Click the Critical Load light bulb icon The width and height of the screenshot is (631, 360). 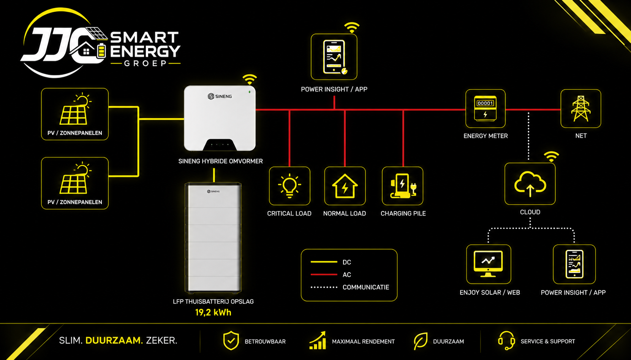click(289, 186)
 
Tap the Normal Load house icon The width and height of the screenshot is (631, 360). click(345, 186)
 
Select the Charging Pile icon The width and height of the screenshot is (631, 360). click(403, 186)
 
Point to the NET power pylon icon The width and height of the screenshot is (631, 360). click(580, 109)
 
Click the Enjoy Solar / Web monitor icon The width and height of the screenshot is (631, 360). click(488, 264)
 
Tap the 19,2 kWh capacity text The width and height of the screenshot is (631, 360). click(213, 312)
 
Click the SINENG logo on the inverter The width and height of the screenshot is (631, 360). click(220, 97)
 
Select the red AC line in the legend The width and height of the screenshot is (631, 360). click(324, 274)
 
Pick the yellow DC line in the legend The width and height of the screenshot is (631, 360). click(324, 262)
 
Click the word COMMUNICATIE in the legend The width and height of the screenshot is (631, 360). click(365, 287)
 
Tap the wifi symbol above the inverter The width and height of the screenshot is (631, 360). click(250, 79)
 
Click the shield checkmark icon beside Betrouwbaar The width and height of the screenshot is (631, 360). click(231, 341)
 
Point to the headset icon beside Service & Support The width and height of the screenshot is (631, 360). click(506, 341)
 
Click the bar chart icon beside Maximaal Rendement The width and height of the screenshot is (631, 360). click(318, 341)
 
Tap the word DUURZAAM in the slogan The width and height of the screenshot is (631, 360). click(114, 341)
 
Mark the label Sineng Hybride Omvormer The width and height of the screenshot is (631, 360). click(220, 161)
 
